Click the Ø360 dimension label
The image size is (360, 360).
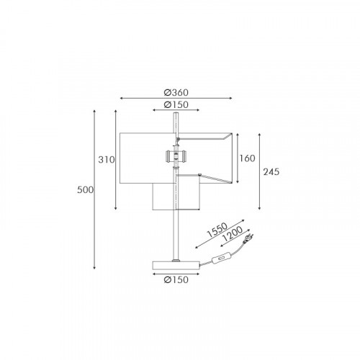click(176, 92)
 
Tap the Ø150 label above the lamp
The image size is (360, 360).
click(176, 104)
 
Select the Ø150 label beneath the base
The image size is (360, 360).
click(176, 279)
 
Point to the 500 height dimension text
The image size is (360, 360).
click(85, 190)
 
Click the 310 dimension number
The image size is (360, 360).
click(107, 160)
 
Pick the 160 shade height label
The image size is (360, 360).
click(247, 158)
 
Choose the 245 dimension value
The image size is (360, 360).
click(271, 172)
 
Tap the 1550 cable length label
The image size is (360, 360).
click(217, 230)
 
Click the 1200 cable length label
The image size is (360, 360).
click(233, 234)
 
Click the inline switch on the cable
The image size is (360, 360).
click(220, 259)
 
